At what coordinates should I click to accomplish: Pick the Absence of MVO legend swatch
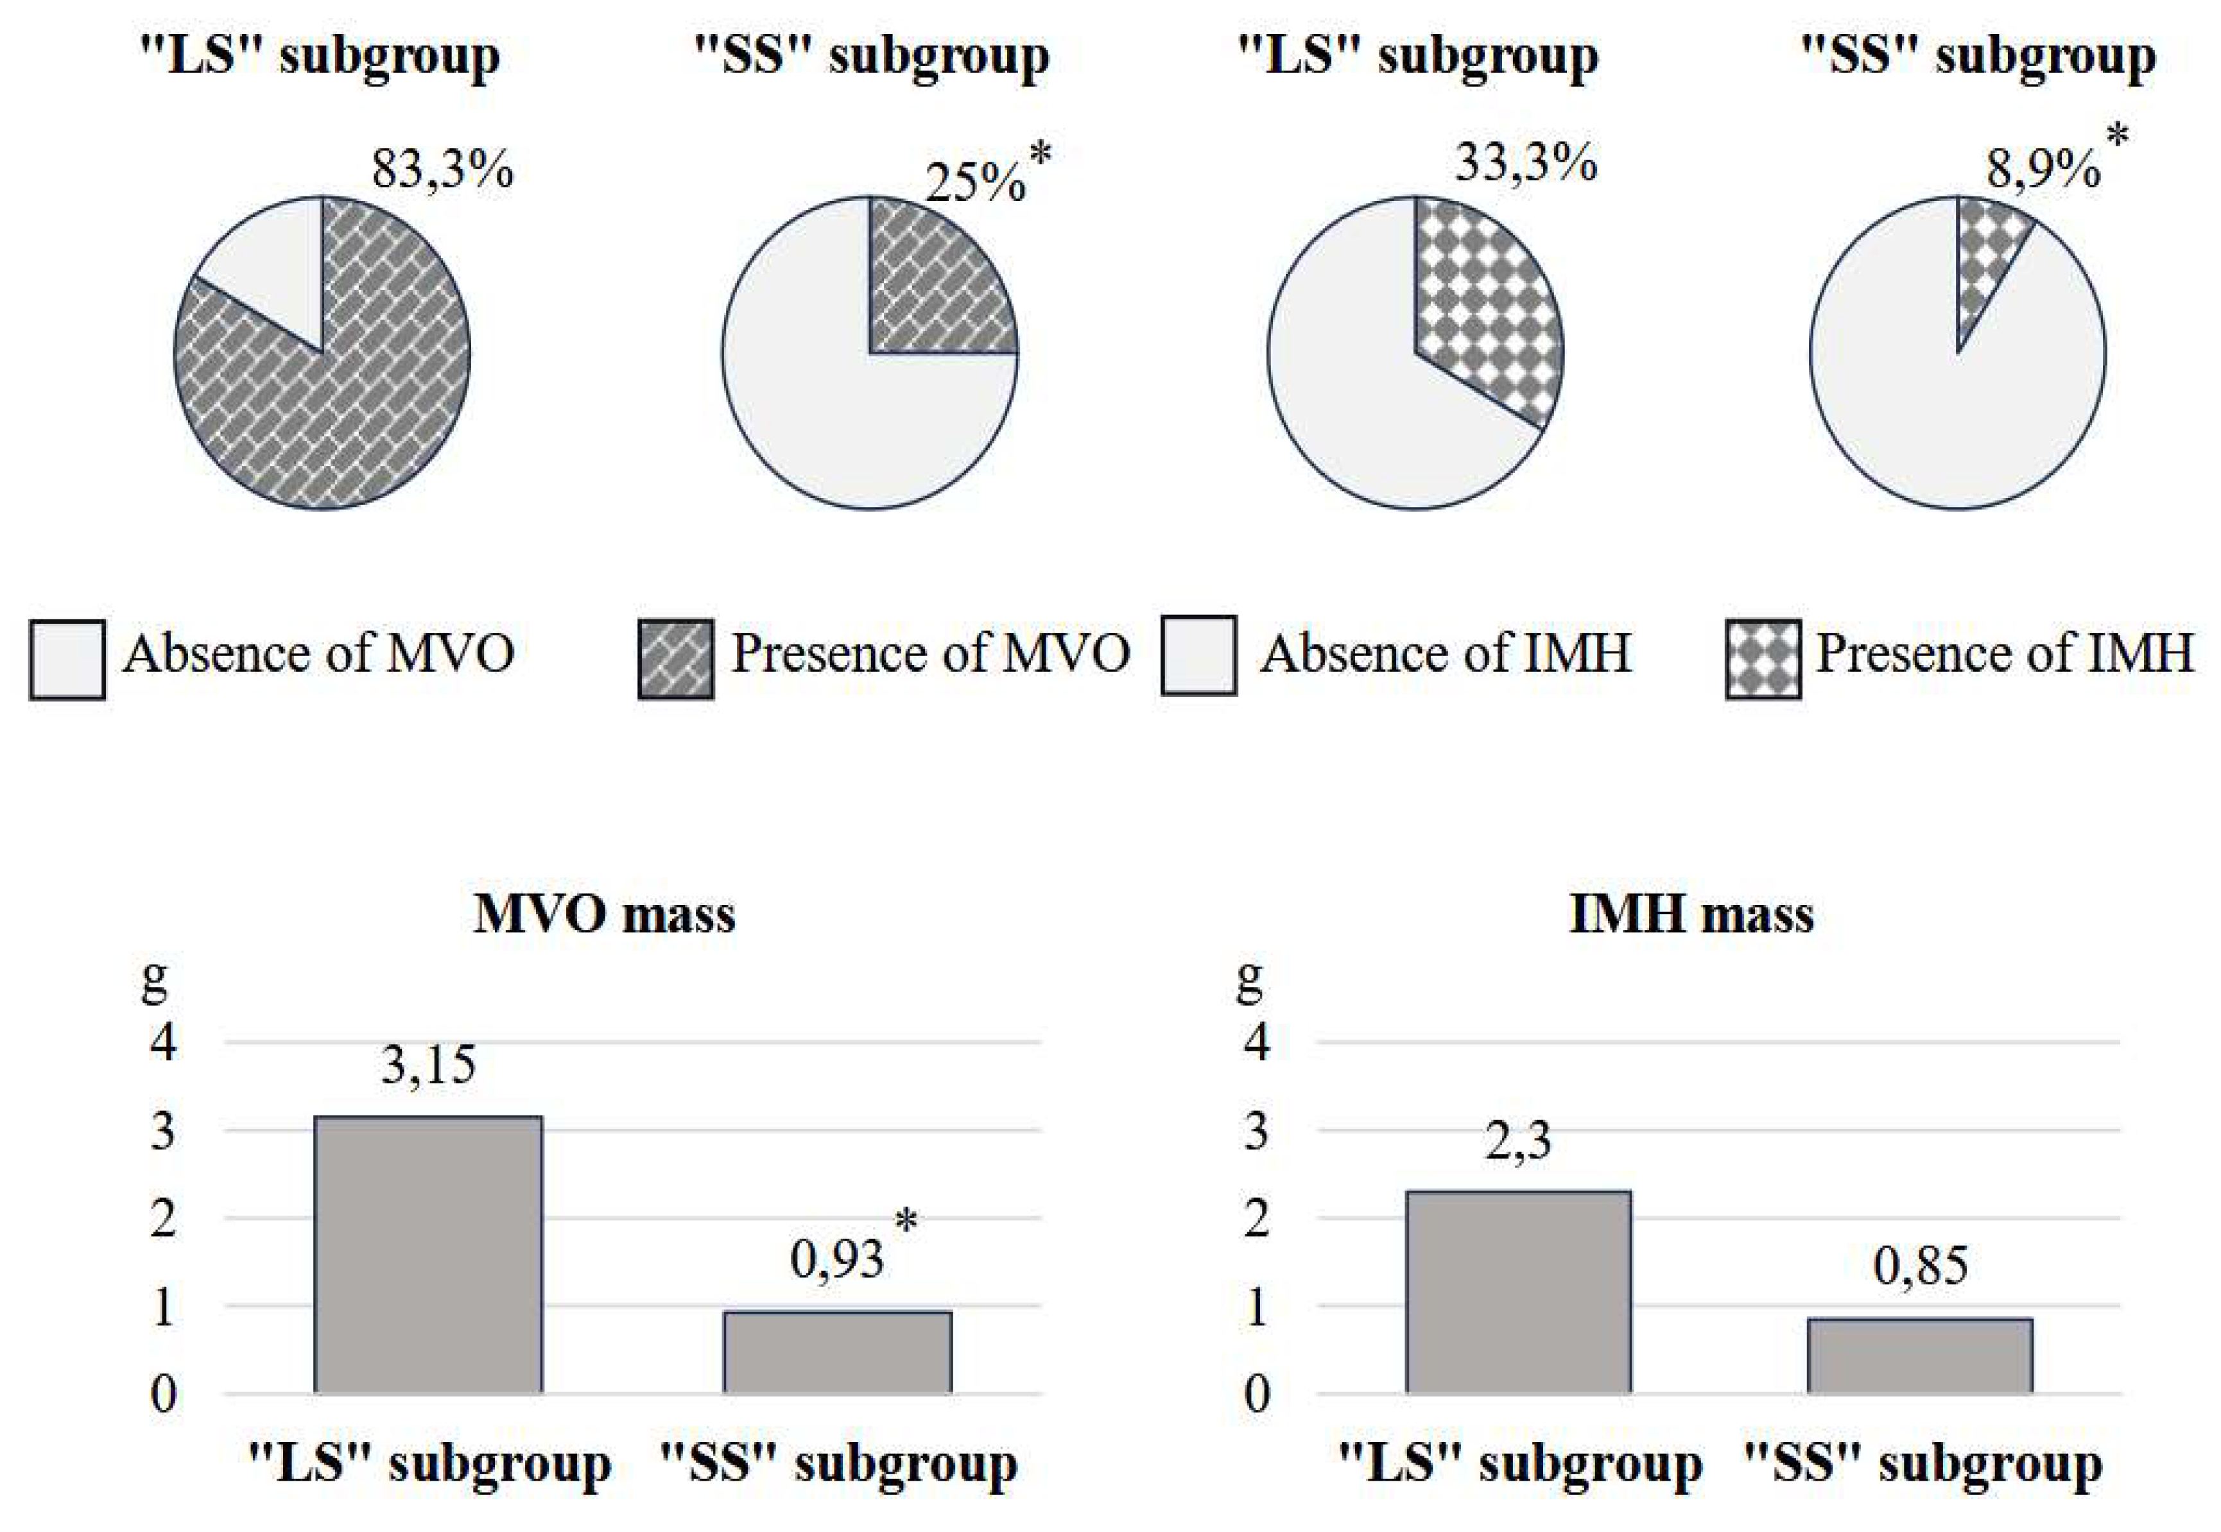pos(67,658)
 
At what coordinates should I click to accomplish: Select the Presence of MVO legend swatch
pos(676,658)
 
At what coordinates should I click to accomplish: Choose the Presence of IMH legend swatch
pos(1762,658)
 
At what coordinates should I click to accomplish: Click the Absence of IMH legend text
pos(1444,654)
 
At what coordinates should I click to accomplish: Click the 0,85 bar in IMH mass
pos(1919,1356)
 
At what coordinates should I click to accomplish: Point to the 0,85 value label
pos(1919,1266)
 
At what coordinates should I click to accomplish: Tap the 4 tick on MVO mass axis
pos(163,1042)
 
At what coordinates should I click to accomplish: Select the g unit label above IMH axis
pos(1249,982)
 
